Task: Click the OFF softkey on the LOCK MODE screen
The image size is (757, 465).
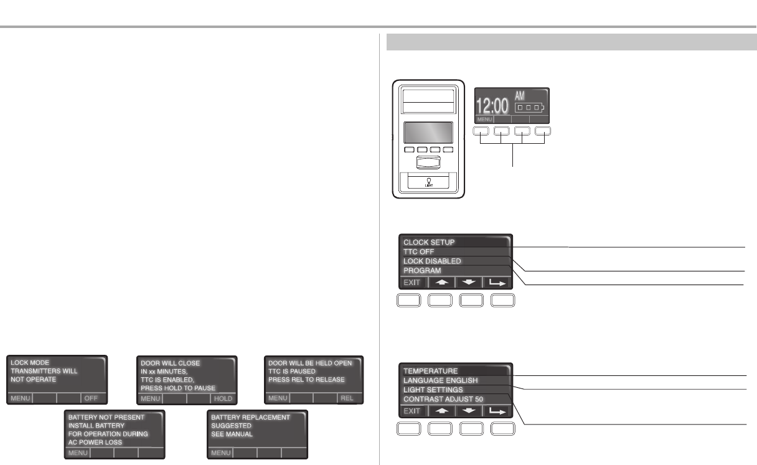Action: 92,397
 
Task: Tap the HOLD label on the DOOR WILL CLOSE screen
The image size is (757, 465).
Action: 222,398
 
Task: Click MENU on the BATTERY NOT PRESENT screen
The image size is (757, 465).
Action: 78,453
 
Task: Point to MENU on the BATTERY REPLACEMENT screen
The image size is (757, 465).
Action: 221,453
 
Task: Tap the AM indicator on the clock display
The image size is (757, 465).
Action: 520,96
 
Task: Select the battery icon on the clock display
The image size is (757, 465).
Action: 529,108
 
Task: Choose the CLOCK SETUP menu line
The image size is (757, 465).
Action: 430,242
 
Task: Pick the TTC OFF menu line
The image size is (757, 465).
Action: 419,251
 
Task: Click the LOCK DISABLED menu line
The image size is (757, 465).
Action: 432,261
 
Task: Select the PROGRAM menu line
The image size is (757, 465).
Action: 422,271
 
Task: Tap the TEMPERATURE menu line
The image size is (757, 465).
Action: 431,371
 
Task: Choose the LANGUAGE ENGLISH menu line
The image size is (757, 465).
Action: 441,380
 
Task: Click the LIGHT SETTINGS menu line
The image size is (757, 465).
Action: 433,390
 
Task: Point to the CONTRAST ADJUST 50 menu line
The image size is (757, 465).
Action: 443,399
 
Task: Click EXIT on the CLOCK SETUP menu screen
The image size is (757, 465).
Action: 412,282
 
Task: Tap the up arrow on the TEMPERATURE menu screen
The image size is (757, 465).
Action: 441,411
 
